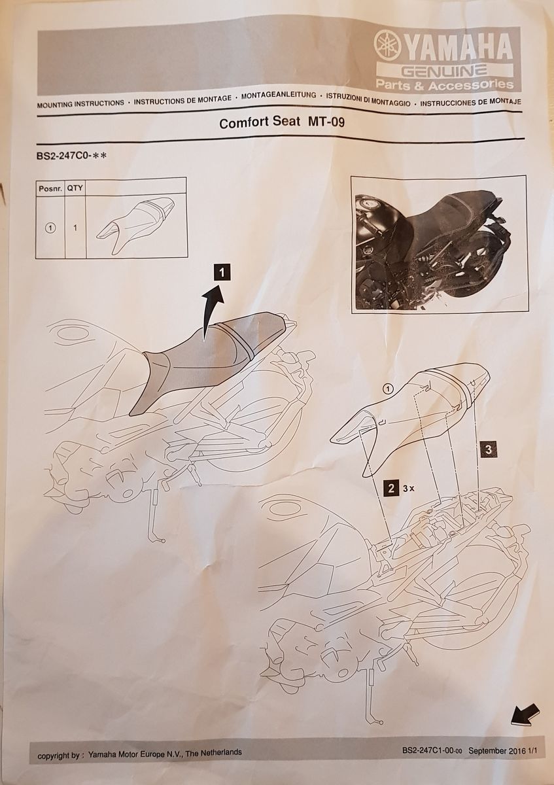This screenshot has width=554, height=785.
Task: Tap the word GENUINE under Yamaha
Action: [444, 71]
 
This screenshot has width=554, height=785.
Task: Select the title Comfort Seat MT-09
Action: [282, 122]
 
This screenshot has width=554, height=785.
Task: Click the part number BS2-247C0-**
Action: [71, 155]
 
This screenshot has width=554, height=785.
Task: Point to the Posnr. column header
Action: [50, 188]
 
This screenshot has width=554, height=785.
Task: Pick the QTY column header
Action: [75, 188]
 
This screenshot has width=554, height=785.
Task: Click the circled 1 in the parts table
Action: [50, 228]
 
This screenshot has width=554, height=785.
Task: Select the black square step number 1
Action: [222, 272]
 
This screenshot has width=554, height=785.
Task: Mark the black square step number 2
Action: [391, 488]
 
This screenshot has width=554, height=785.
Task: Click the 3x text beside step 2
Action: [408, 489]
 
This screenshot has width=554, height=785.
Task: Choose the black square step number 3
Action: [489, 449]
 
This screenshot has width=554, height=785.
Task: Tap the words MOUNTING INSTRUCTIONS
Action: [80, 104]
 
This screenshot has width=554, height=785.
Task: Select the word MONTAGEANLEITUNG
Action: [279, 96]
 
